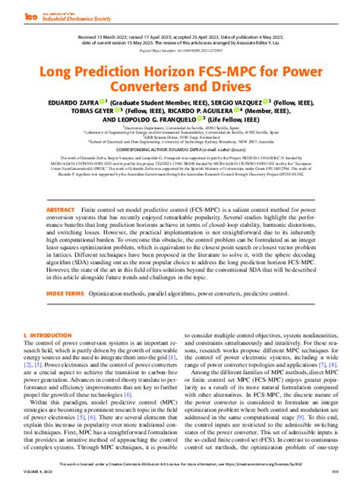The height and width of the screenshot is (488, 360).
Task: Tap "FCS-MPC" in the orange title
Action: [x=211, y=74]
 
